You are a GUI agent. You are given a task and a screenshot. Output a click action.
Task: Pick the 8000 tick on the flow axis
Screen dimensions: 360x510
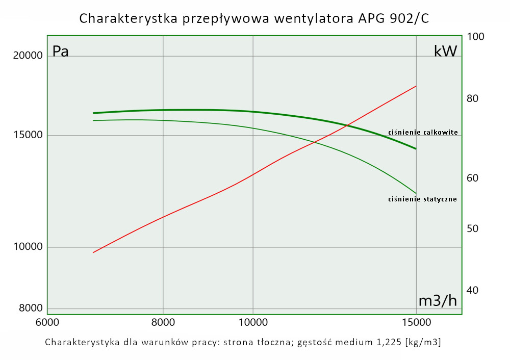[x=163, y=323]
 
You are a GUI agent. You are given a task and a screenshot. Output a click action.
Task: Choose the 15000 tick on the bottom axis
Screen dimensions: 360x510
[x=416, y=323]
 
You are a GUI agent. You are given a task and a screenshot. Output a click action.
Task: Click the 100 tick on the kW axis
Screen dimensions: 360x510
[x=475, y=37]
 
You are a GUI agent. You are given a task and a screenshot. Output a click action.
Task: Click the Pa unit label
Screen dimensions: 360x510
[x=60, y=52]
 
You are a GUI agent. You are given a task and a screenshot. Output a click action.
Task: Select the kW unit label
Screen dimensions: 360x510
[x=445, y=51]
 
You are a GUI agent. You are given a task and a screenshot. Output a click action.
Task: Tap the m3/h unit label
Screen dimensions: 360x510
[x=438, y=301]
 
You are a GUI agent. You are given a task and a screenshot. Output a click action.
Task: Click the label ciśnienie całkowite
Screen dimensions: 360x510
[x=423, y=132]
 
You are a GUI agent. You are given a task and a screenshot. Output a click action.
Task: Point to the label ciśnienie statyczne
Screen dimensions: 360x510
[x=422, y=199]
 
